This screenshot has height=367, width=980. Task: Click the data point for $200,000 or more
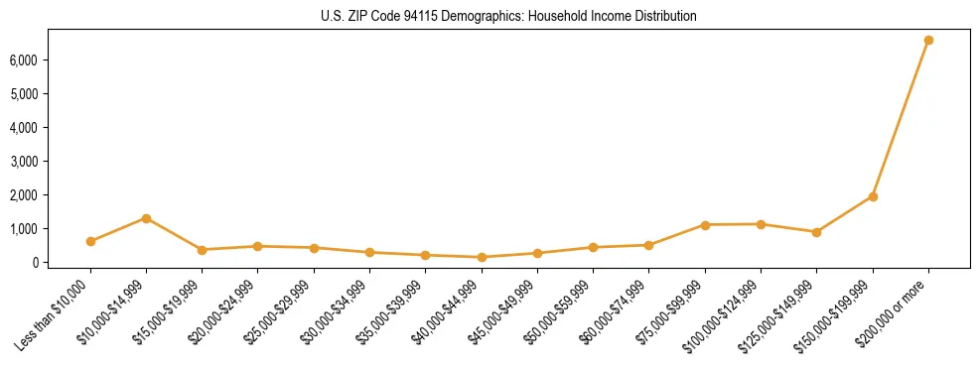(x=928, y=41)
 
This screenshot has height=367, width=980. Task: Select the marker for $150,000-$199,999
(x=873, y=196)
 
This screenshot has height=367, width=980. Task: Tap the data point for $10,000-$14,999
(x=146, y=218)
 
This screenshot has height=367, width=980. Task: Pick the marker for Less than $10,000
(x=90, y=241)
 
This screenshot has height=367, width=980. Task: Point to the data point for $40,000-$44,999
(x=482, y=257)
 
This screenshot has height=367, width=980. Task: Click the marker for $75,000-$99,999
(x=705, y=225)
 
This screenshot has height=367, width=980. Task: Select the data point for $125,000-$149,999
(x=816, y=232)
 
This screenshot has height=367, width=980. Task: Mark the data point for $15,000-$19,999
(x=202, y=250)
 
